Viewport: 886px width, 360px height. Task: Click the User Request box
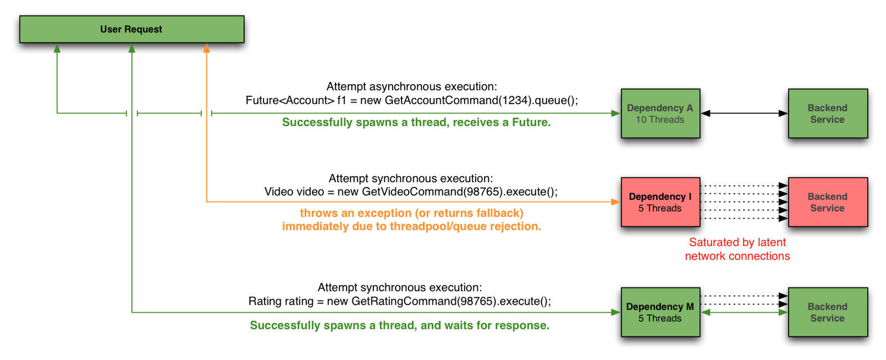(131, 29)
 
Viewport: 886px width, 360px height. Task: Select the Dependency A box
(660, 114)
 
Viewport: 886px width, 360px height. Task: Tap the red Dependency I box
(660, 202)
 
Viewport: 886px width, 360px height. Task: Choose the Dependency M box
(660, 312)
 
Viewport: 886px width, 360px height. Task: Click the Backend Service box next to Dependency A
(827, 114)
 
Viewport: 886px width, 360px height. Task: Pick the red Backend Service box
(827, 202)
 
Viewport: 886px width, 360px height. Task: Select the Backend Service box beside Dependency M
(827, 312)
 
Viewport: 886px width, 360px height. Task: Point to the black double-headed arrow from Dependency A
(744, 114)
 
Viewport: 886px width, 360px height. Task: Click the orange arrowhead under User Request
(207, 49)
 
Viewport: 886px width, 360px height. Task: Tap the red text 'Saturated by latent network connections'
(737, 249)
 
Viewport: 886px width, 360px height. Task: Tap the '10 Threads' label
(660, 120)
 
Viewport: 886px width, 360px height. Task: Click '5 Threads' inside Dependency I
(660, 208)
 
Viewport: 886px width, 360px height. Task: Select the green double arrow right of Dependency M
(744, 312)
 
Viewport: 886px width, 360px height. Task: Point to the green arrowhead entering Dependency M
(616, 312)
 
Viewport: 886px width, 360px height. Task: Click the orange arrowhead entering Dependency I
(616, 202)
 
